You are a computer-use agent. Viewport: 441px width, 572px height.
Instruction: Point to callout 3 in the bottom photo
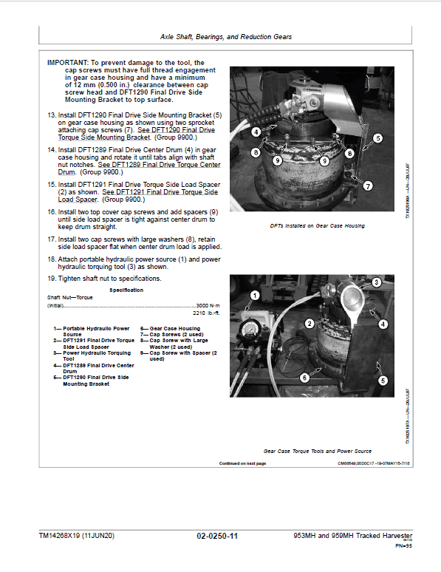(x=376, y=282)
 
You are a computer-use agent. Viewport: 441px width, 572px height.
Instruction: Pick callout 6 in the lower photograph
(x=304, y=377)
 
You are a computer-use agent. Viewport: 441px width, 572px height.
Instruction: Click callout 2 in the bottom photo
(x=311, y=324)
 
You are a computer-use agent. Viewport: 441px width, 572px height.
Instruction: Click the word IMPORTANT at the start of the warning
(x=66, y=64)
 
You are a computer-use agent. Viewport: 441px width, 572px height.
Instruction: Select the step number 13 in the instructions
(x=52, y=115)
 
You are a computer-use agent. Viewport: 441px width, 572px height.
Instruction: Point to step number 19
(x=52, y=279)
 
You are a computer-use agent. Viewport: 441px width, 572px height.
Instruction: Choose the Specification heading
(x=127, y=290)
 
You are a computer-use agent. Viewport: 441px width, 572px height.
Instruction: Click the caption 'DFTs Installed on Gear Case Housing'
(x=318, y=225)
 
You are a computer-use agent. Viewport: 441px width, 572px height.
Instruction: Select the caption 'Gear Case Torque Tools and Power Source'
(x=317, y=450)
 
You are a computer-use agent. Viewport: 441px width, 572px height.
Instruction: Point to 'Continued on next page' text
(x=242, y=463)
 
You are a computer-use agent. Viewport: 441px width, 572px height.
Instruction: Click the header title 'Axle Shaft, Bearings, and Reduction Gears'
(x=225, y=36)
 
